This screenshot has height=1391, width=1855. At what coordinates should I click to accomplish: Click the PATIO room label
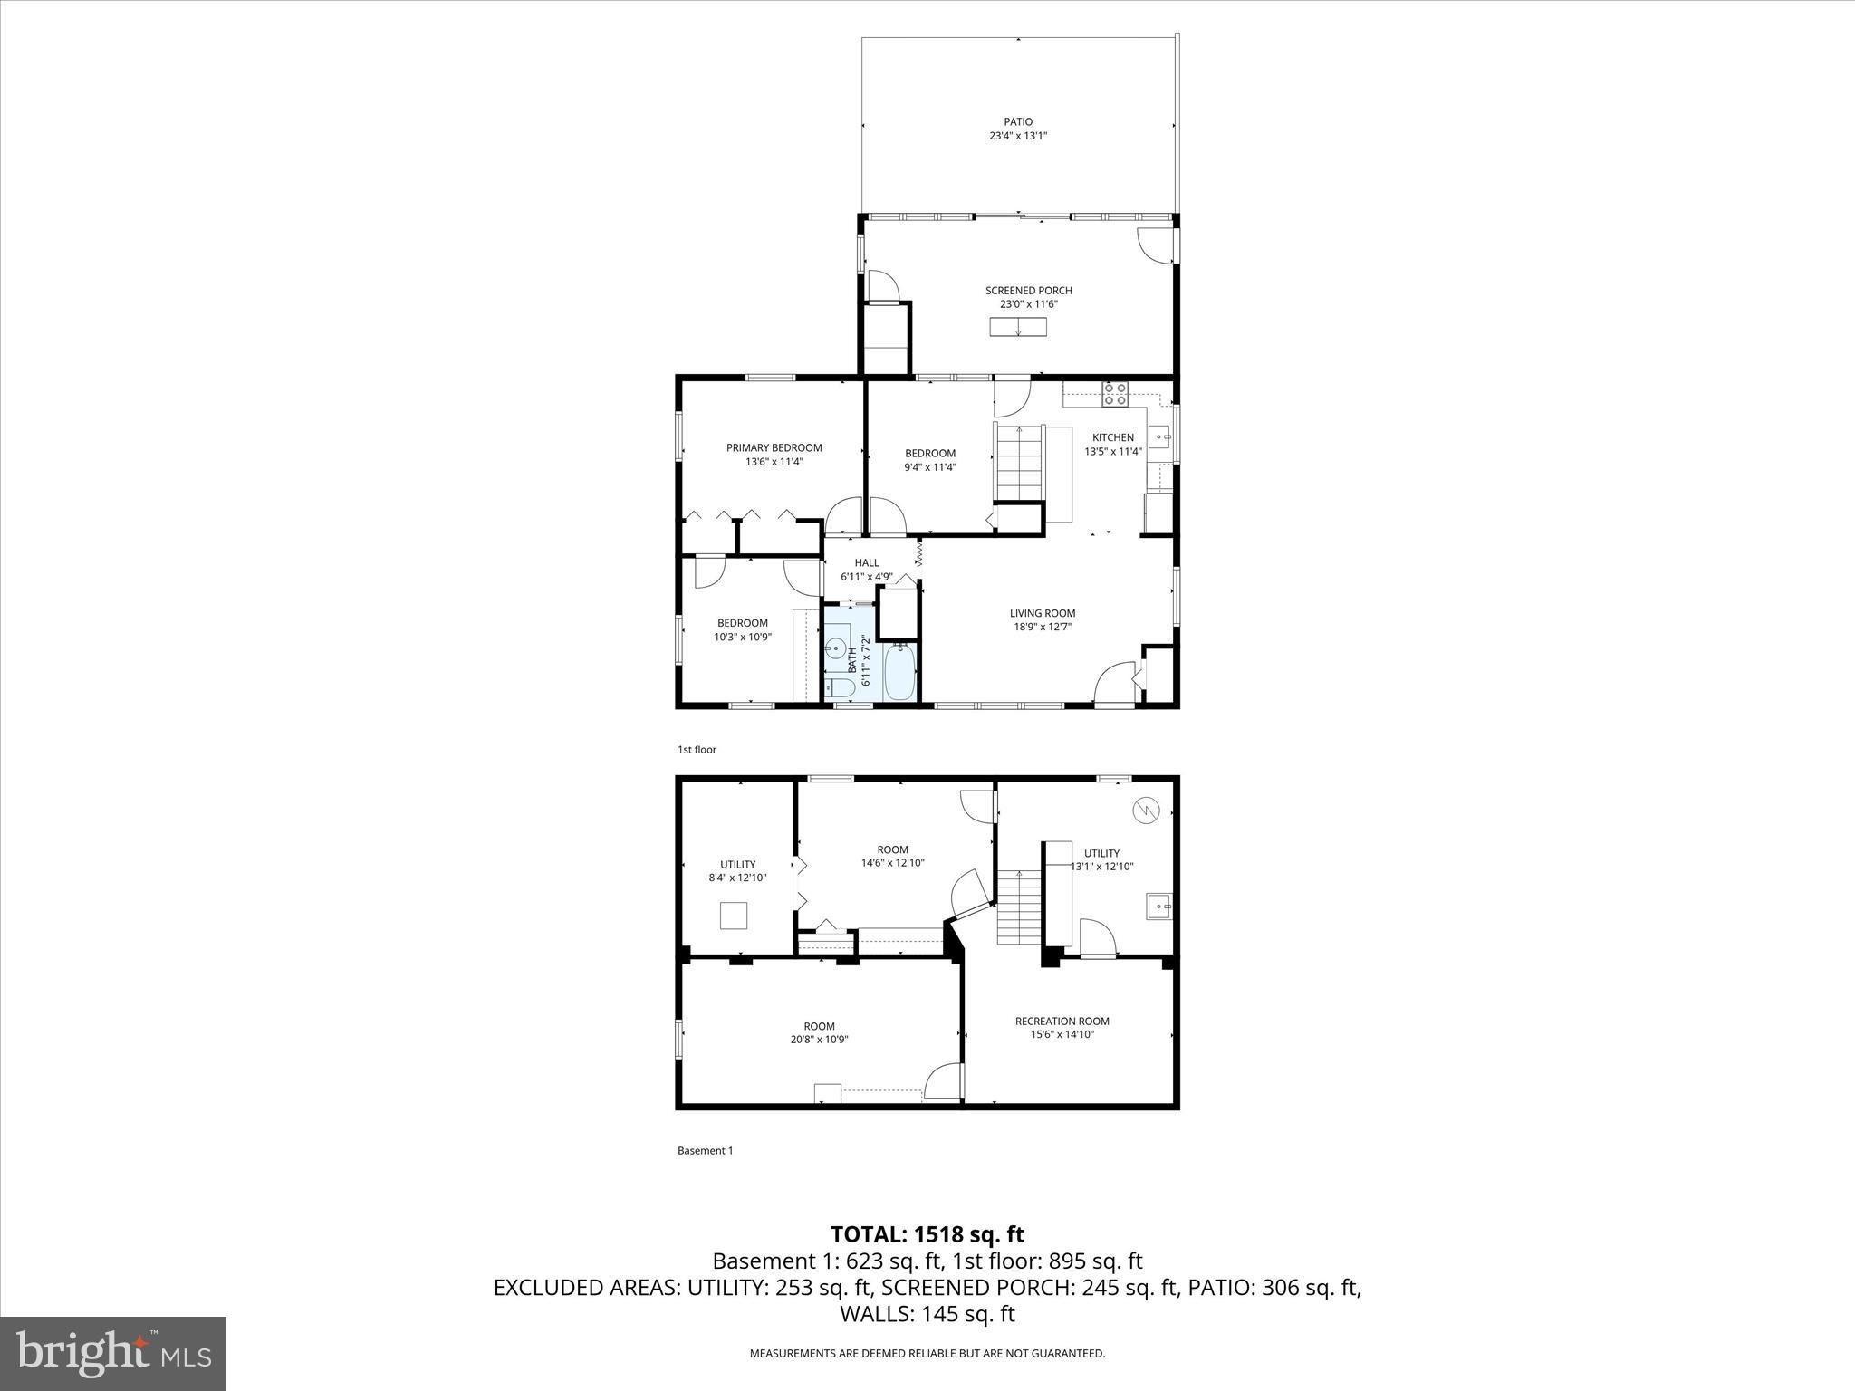1017,121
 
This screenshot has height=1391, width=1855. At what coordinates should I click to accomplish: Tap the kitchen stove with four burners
1115,394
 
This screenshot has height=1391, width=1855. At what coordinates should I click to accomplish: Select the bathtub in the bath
899,672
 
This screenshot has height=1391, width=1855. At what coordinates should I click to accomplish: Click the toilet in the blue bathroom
840,689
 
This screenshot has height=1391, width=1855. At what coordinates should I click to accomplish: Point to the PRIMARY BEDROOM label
774,447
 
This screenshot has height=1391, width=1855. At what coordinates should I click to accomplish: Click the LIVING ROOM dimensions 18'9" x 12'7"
1042,627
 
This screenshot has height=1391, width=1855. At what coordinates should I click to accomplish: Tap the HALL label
866,562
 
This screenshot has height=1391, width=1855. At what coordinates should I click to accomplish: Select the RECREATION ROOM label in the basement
1062,1021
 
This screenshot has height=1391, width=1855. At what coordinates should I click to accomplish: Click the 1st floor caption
697,750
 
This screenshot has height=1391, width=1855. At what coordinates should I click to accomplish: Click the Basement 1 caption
705,1151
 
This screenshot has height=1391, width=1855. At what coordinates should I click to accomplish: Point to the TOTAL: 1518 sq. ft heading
927,1234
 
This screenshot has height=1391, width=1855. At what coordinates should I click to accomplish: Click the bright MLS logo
113,1354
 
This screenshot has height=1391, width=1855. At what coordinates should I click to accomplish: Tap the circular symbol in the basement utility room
1146,809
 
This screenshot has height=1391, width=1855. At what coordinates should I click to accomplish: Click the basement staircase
1020,907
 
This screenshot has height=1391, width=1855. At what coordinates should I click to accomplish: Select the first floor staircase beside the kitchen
1020,462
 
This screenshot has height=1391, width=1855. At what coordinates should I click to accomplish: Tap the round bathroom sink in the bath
834,648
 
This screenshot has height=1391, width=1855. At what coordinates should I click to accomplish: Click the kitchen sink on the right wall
1160,437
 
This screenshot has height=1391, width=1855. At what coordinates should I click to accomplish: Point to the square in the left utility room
734,916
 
